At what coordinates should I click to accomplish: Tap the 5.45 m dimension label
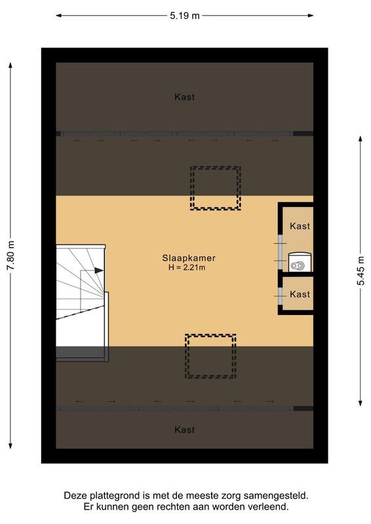tap(361, 269)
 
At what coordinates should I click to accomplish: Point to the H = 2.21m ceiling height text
tap(187, 267)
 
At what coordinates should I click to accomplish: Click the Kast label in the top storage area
tap(185, 97)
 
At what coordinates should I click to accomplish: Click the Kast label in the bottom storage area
tap(185, 430)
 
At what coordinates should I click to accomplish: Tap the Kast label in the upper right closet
tap(300, 226)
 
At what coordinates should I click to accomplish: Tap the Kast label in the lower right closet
tap(300, 294)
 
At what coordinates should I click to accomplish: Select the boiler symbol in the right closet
tap(299, 265)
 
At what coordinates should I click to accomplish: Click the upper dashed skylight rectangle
tap(215, 187)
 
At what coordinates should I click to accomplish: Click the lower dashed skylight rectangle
tap(210, 356)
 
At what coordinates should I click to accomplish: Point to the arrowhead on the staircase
tap(98, 269)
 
